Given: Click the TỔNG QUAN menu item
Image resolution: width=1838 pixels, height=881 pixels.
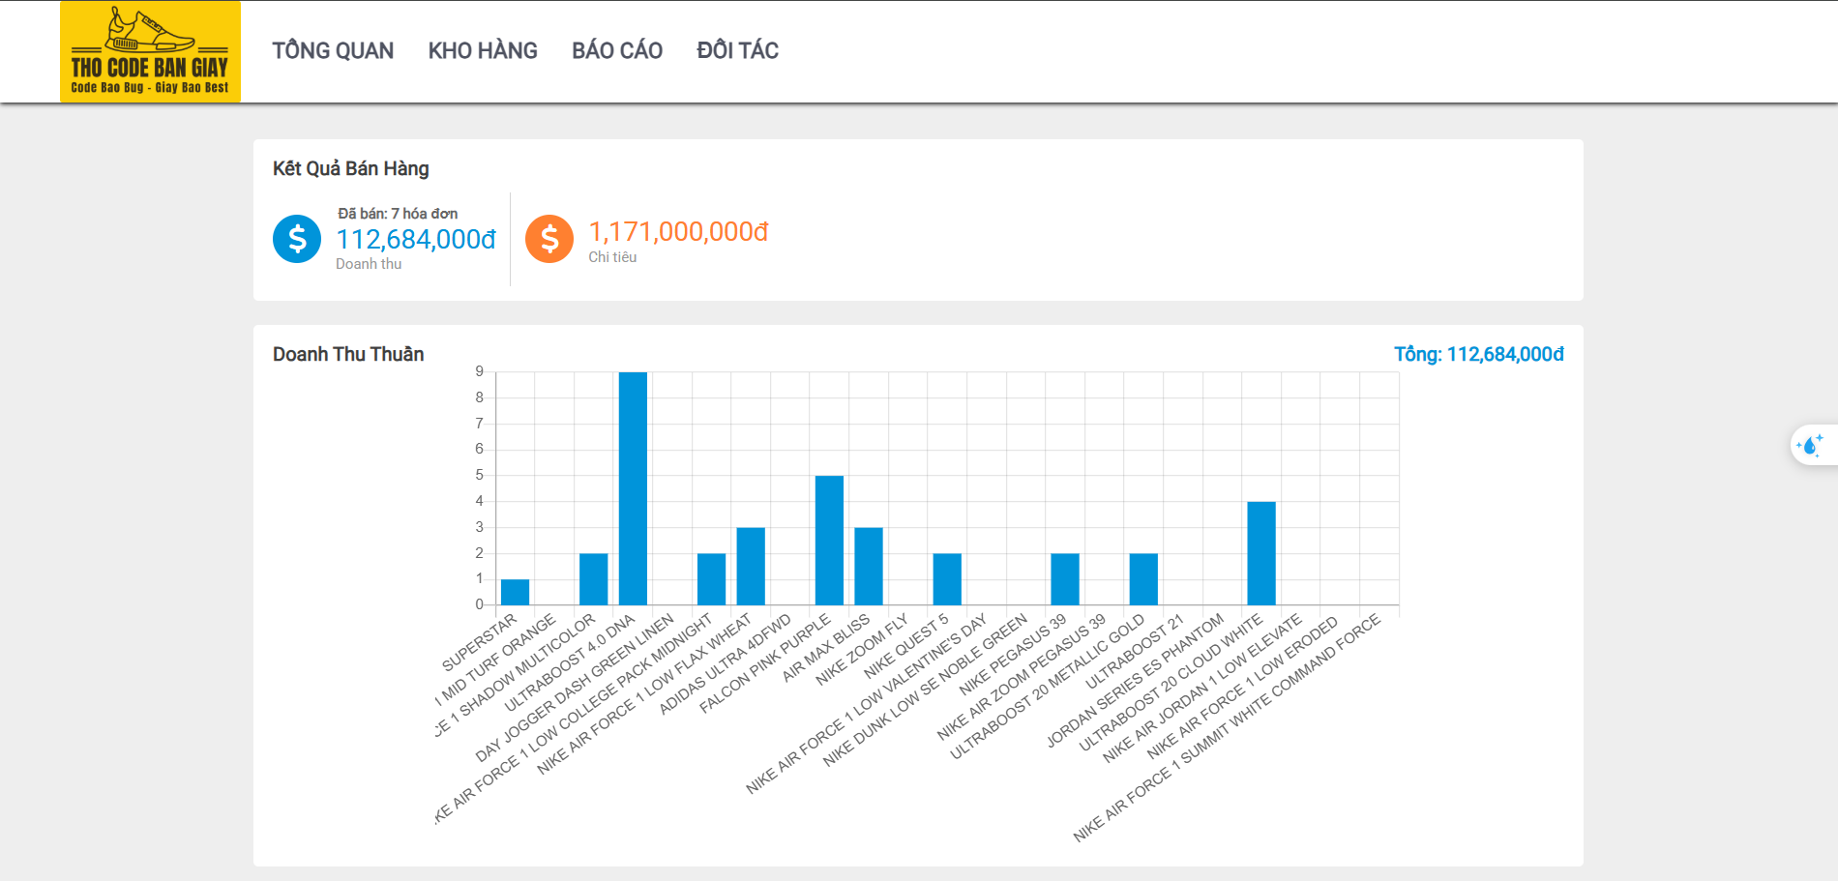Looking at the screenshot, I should tap(333, 50).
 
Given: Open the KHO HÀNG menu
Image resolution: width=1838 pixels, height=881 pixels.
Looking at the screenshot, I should tap(483, 50).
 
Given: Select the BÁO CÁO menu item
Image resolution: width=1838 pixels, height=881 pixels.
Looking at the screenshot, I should tap(617, 50).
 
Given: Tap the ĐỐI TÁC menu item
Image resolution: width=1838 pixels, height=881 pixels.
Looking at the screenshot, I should tap(737, 50).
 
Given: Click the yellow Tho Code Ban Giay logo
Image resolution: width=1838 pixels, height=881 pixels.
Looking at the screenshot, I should tap(150, 52).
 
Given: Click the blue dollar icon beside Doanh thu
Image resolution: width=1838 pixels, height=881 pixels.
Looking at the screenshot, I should tap(297, 239).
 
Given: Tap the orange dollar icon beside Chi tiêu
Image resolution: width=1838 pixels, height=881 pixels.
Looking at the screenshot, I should tap(549, 239).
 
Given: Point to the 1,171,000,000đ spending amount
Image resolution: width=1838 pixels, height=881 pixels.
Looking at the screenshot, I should tap(678, 232).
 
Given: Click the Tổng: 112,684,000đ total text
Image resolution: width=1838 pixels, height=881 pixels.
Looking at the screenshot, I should tap(1478, 354).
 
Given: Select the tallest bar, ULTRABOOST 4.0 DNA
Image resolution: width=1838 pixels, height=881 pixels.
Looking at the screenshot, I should tap(633, 488).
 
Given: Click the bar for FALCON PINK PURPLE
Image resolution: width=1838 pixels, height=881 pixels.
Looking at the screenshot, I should tap(829, 541).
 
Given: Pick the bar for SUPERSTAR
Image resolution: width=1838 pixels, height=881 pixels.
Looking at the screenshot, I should tap(515, 592).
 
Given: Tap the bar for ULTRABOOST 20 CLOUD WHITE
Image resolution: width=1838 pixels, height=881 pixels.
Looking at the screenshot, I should tap(1261, 553).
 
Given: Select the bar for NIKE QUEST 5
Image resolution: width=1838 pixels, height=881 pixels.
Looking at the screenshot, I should tap(947, 579).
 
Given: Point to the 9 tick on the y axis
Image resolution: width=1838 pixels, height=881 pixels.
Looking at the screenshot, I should tap(479, 371).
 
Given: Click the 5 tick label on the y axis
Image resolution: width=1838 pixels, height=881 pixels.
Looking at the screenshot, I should tap(479, 475).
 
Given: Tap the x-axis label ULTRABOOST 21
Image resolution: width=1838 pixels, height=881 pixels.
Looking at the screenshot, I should tap(1135, 652).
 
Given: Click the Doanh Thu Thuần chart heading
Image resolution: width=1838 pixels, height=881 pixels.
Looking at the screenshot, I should tap(348, 354).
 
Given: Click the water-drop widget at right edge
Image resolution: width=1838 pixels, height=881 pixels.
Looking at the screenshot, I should tap(1810, 446).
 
